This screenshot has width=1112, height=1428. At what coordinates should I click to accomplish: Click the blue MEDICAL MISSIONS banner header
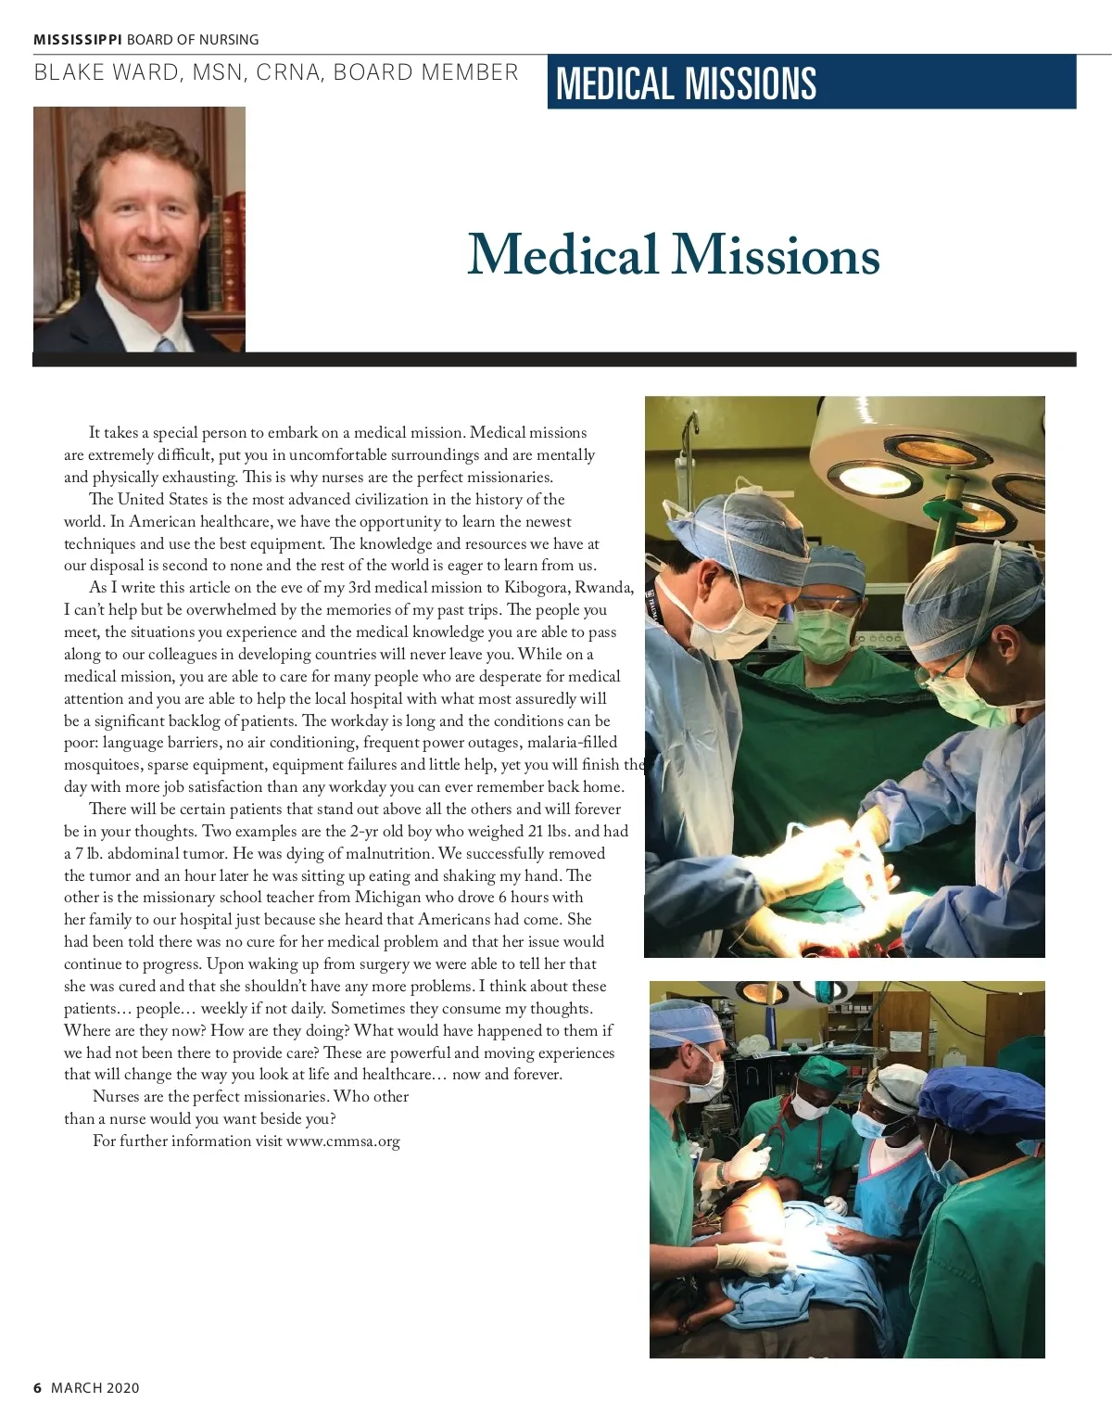pos(811,83)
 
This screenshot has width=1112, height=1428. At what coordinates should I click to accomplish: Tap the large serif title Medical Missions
pos(673,254)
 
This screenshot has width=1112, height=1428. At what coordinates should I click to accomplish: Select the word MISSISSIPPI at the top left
pos(78,40)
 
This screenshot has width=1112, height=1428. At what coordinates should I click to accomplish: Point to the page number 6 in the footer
pos(38,1388)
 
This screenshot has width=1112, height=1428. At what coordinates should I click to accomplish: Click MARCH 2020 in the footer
pos(95,1388)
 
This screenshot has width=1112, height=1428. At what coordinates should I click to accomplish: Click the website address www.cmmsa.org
pos(343,1141)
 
